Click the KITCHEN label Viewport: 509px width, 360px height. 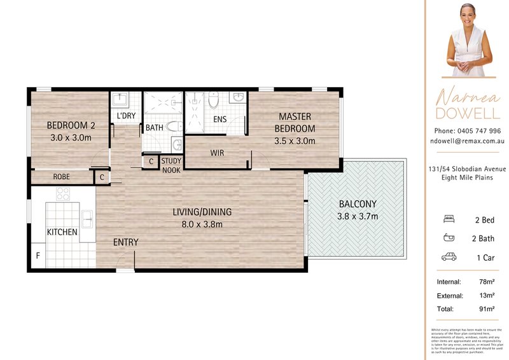point(62,232)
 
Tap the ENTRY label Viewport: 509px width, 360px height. point(125,242)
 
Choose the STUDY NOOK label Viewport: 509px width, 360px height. point(171,165)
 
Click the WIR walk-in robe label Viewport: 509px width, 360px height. point(217,153)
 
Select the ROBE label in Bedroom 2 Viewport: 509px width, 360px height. point(61,177)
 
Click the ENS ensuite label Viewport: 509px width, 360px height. point(220,119)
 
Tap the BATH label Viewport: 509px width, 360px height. point(154,128)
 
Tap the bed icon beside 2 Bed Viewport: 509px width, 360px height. point(449,219)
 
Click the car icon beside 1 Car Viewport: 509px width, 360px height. point(449,258)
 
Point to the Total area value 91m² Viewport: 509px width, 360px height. point(487,309)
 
